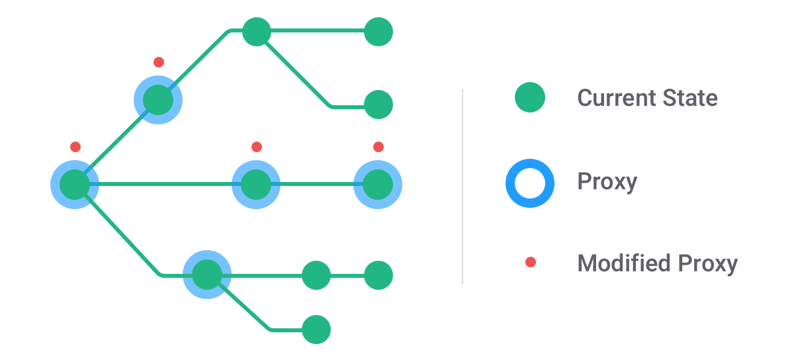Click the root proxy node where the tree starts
pos(75,184)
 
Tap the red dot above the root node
pos(75,146)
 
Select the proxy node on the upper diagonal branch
pos(157,100)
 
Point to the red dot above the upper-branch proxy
pos(158,62)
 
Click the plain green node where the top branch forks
pos(257,31)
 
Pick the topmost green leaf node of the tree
pos(378,31)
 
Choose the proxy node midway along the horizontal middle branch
pos(256,184)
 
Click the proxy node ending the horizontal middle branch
pos(378,184)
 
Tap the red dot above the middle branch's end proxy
pos(378,146)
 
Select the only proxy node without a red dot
pos(206,275)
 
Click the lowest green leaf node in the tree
pos(316,329)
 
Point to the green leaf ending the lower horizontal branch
pos(378,275)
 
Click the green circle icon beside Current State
pos(530,97)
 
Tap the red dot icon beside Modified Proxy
pos(530,263)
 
